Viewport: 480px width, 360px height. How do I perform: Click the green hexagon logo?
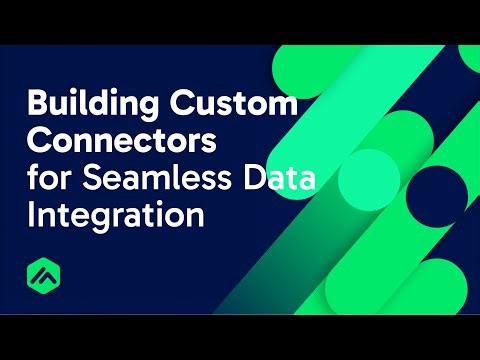coord(44,276)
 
